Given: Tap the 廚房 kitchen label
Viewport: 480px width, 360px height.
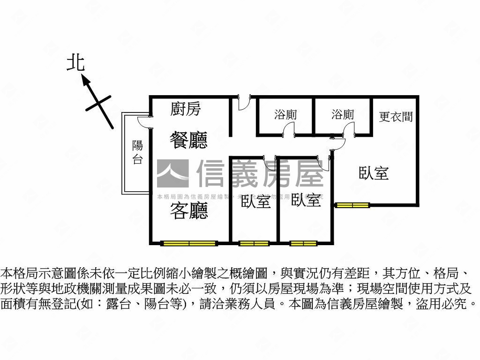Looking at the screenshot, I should coord(186,109).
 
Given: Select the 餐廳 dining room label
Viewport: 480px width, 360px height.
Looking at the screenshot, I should coord(188,140).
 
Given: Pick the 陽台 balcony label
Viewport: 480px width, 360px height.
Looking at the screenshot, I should coord(137,152).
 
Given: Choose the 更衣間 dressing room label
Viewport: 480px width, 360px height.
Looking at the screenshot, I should coord(396,116).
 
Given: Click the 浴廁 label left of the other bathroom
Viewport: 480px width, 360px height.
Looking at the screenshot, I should coord(285,115).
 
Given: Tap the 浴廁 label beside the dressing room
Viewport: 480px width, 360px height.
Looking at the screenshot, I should coord(343,115).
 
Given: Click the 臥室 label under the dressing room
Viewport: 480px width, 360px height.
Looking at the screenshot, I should coord(374,173).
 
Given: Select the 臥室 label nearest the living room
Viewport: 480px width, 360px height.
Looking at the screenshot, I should coord(255,202).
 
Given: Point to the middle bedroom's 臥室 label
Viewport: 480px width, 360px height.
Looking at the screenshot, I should coord(306,201).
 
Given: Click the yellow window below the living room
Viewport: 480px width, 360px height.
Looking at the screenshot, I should coord(189,243).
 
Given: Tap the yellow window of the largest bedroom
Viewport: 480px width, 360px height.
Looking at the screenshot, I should coord(352,205).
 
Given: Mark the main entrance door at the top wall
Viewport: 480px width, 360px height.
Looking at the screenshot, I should coord(243,103).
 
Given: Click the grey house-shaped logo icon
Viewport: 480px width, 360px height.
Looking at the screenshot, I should coord(172,173).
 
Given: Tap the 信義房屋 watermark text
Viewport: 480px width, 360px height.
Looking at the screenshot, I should coord(260,173).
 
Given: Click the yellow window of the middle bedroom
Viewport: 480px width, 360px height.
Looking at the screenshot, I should coord(303,243).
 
